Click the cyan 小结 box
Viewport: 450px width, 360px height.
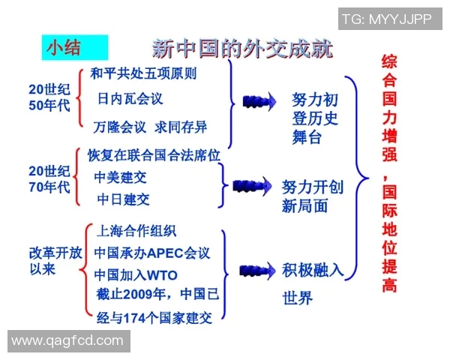pyautogui.click(x=74, y=48)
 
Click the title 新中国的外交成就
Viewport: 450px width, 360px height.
pyautogui.click(x=242, y=49)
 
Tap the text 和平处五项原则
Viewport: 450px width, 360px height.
pyautogui.click(x=143, y=73)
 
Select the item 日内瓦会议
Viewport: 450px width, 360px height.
pyautogui.click(x=130, y=98)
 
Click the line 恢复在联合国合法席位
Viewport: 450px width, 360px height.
pyautogui.click(x=153, y=155)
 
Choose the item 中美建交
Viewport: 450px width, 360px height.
pyautogui.click(x=121, y=178)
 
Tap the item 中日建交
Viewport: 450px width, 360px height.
pyautogui.click(x=124, y=199)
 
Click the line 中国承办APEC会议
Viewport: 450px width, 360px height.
pyautogui.click(x=152, y=253)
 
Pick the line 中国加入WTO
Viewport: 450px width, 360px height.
pyautogui.click(x=136, y=274)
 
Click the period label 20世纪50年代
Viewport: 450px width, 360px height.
pyautogui.click(x=49, y=97)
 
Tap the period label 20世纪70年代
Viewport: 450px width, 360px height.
pyautogui.click(x=49, y=178)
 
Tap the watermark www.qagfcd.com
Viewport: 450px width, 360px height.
pyautogui.click(x=67, y=340)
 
